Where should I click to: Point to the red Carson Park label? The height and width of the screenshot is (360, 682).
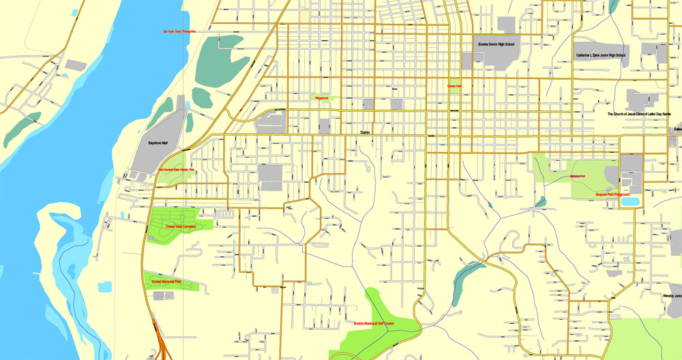pyautogui.click(x=454, y=87)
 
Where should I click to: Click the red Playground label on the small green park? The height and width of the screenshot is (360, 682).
pyautogui.click(x=321, y=98)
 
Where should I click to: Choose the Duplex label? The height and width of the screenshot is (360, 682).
pyautogui.click(x=365, y=133)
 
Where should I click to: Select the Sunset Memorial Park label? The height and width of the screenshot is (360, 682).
pyautogui.click(x=162, y=282)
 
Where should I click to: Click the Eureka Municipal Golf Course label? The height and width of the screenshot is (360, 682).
pyautogui.click(x=373, y=323)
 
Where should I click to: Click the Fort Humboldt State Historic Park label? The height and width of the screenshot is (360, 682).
pyautogui.click(x=177, y=169)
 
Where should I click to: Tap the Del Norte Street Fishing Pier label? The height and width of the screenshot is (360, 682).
pyautogui.click(x=179, y=31)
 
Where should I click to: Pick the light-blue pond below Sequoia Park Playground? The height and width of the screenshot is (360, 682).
pyautogui.click(x=629, y=202)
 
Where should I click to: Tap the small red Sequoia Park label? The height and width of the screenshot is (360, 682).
pyautogui.click(x=578, y=177)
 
